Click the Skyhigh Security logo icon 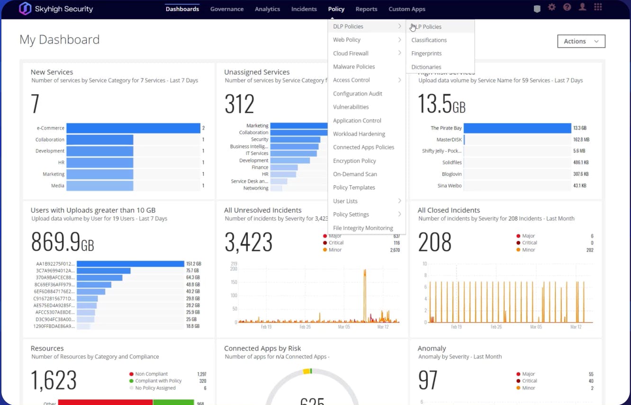(25, 9)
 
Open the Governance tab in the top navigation (227, 9)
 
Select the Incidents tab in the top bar (304, 9)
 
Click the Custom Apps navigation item (406, 9)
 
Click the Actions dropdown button (581, 41)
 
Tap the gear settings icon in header (551, 8)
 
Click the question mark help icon (567, 8)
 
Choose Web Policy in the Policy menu (347, 40)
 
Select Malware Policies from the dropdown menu (354, 67)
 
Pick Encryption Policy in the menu (354, 161)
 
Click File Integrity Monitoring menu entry (363, 228)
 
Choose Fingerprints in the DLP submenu (426, 54)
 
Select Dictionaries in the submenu (426, 67)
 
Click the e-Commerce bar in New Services (133, 128)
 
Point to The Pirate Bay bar (517, 128)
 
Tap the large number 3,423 (248, 242)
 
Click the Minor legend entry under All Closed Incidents (528, 250)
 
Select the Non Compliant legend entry (151, 374)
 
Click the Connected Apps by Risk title (262, 348)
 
